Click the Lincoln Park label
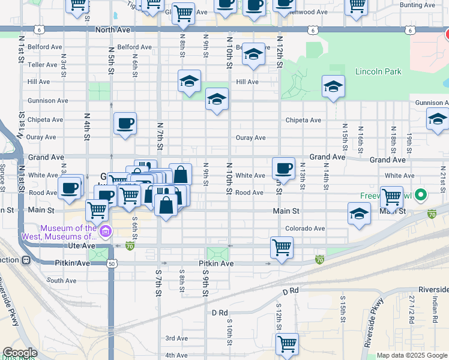(x=378, y=72)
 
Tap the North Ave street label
(x=112, y=29)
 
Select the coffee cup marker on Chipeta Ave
(x=125, y=124)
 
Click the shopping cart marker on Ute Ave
(x=282, y=247)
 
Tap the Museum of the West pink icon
(x=106, y=231)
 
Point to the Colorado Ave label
(x=305, y=229)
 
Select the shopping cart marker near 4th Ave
(x=287, y=344)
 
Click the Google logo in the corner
(x=20, y=353)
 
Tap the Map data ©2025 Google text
(x=412, y=355)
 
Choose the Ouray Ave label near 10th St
(x=250, y=138)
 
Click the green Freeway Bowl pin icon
(x=421, y=195)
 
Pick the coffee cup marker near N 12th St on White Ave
(x=283, y=168)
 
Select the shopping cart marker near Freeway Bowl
(x=391, y=196)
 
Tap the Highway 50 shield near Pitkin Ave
(x=112, y=263)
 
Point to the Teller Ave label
(x=42, y=65)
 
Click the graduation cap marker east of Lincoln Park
(x=333, y=87)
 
